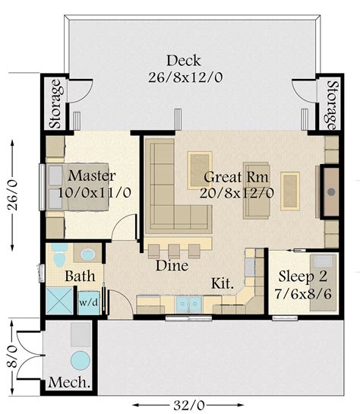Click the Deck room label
point(184,61)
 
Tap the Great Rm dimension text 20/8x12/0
point(237,193)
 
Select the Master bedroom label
point(92,175)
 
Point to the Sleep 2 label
point(303,277)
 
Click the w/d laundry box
point(89,302)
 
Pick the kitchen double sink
point(188,304)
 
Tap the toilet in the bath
point(59,256)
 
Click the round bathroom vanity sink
point(88,254)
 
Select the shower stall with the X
point(59,301)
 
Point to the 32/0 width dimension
point(189,405)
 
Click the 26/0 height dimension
point(12,195)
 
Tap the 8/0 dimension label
point(11,357)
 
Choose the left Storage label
point(56,104)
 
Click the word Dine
point(172,265)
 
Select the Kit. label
point(223,283)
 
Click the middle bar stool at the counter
point(174,251)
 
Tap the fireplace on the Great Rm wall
point(330,191)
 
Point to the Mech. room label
point(69,382)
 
